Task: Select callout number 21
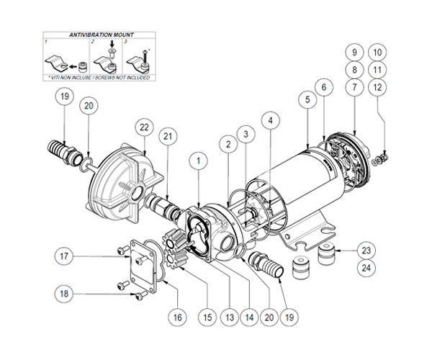click(x=167, y=138)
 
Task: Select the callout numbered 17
click(x=66, y=255)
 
